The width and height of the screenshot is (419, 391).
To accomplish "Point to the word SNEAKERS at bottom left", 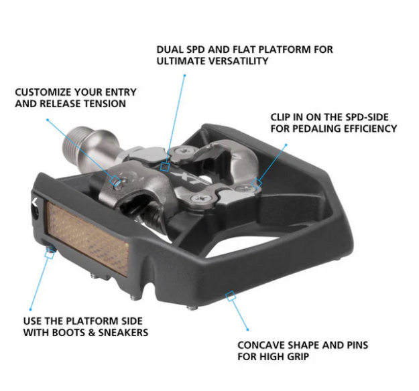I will (126, 332).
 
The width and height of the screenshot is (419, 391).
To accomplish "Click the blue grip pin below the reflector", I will (49, 253).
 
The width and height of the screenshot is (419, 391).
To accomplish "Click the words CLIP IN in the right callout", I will (290, 116).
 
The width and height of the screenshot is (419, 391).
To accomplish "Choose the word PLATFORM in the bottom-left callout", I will (93, 321).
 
